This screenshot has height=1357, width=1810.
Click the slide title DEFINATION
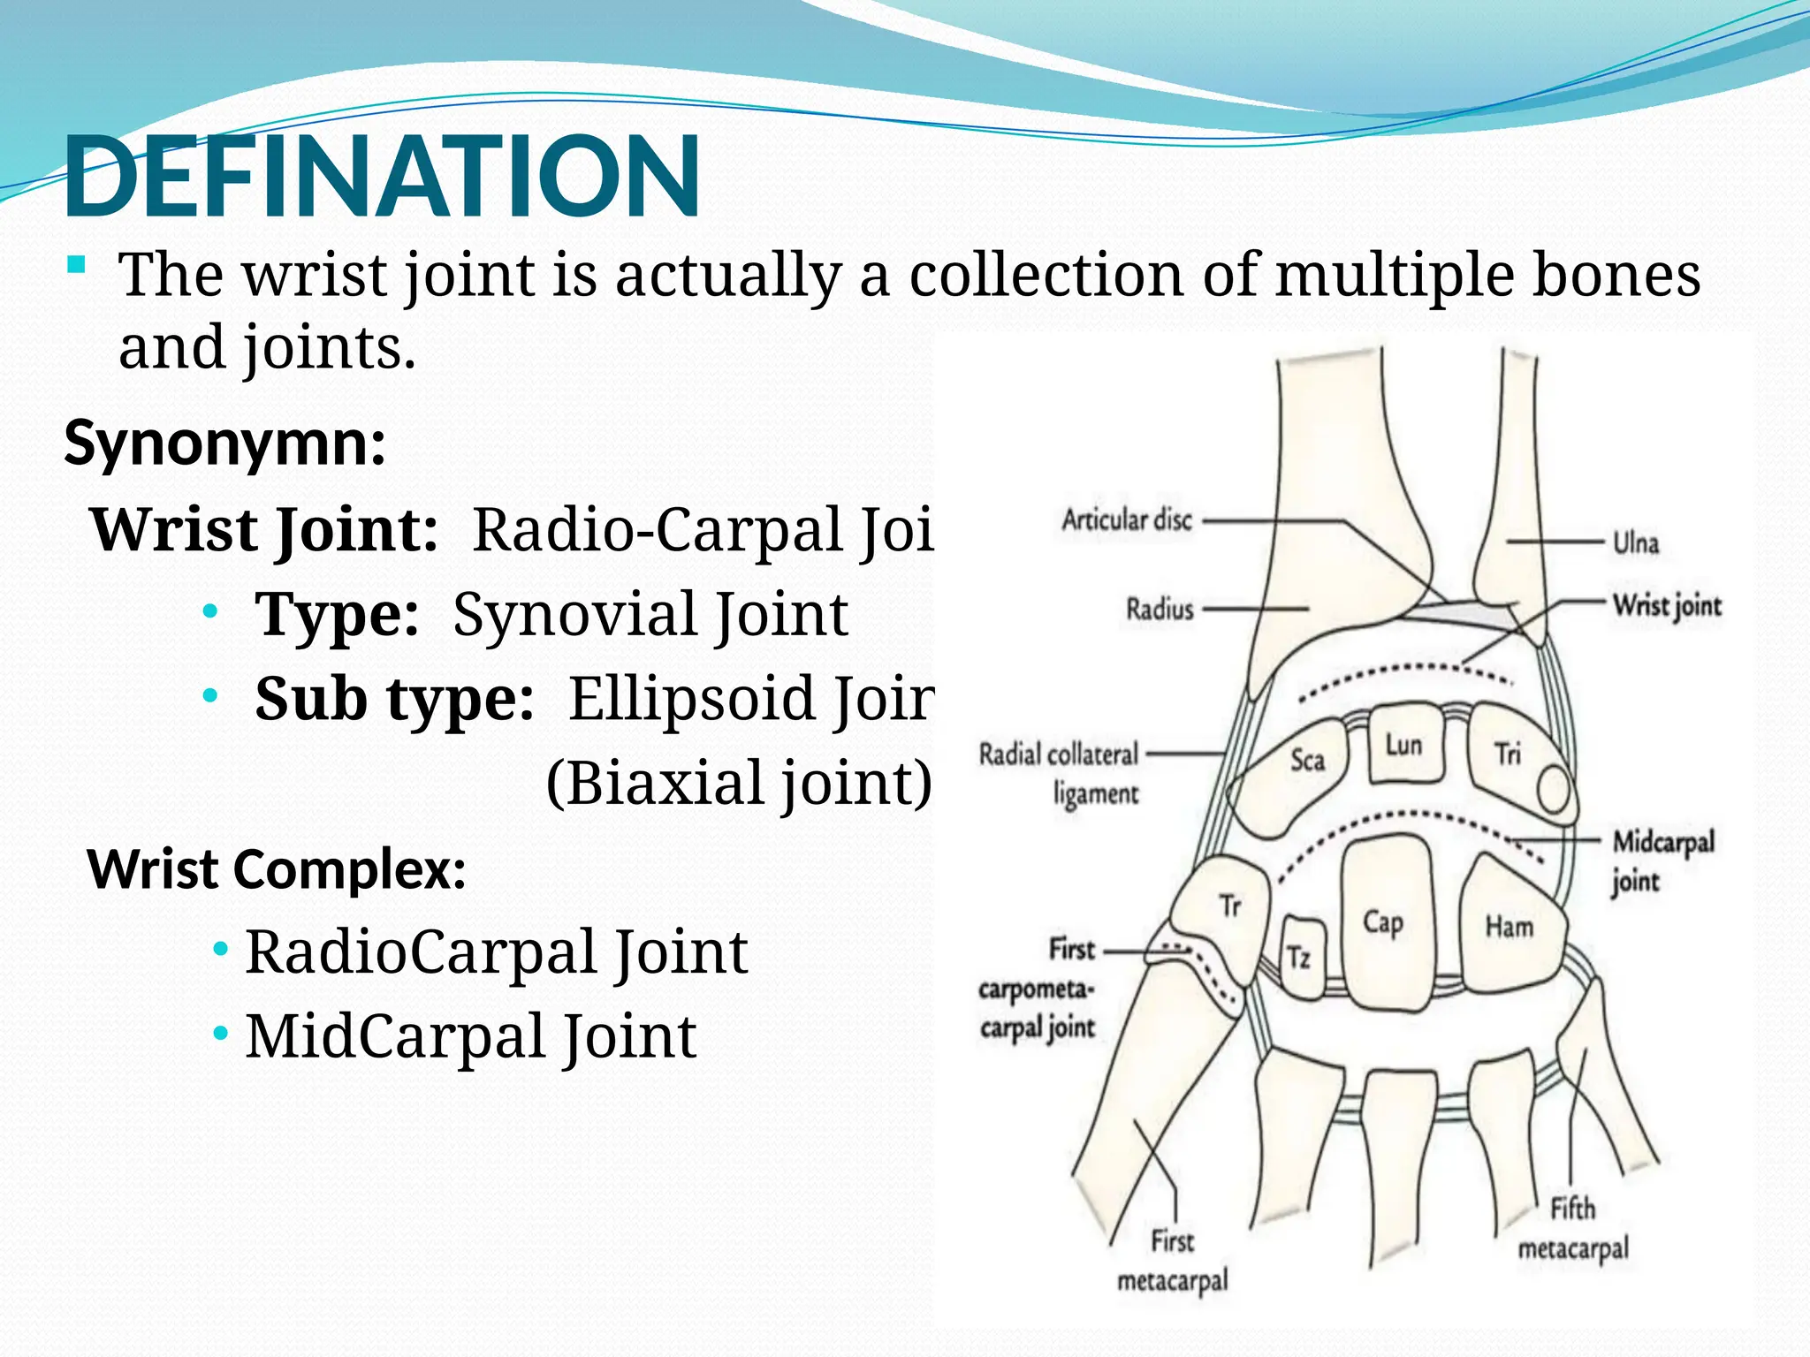(382, 177)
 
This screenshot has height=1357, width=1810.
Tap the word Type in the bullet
(336, 614)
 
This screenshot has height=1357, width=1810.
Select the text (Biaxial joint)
(739, 783)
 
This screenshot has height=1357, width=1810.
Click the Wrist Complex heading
(276, 869)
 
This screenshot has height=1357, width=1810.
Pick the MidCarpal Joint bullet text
(471, 1036)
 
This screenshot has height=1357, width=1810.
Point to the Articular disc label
(1127, 519)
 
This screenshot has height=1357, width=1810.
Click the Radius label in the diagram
(1160, 609)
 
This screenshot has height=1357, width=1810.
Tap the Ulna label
(1636, 542)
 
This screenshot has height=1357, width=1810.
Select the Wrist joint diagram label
(1667, 606)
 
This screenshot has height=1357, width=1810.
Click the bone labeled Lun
(1404, 745)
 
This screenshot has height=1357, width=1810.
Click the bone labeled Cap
(1384, 922)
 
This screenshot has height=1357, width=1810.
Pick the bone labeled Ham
(1510, 926)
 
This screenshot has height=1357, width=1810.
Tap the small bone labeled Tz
(1299, 958)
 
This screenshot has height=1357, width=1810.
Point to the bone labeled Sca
(1307, 760)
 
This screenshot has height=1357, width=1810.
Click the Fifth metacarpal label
(1573, 1228)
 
